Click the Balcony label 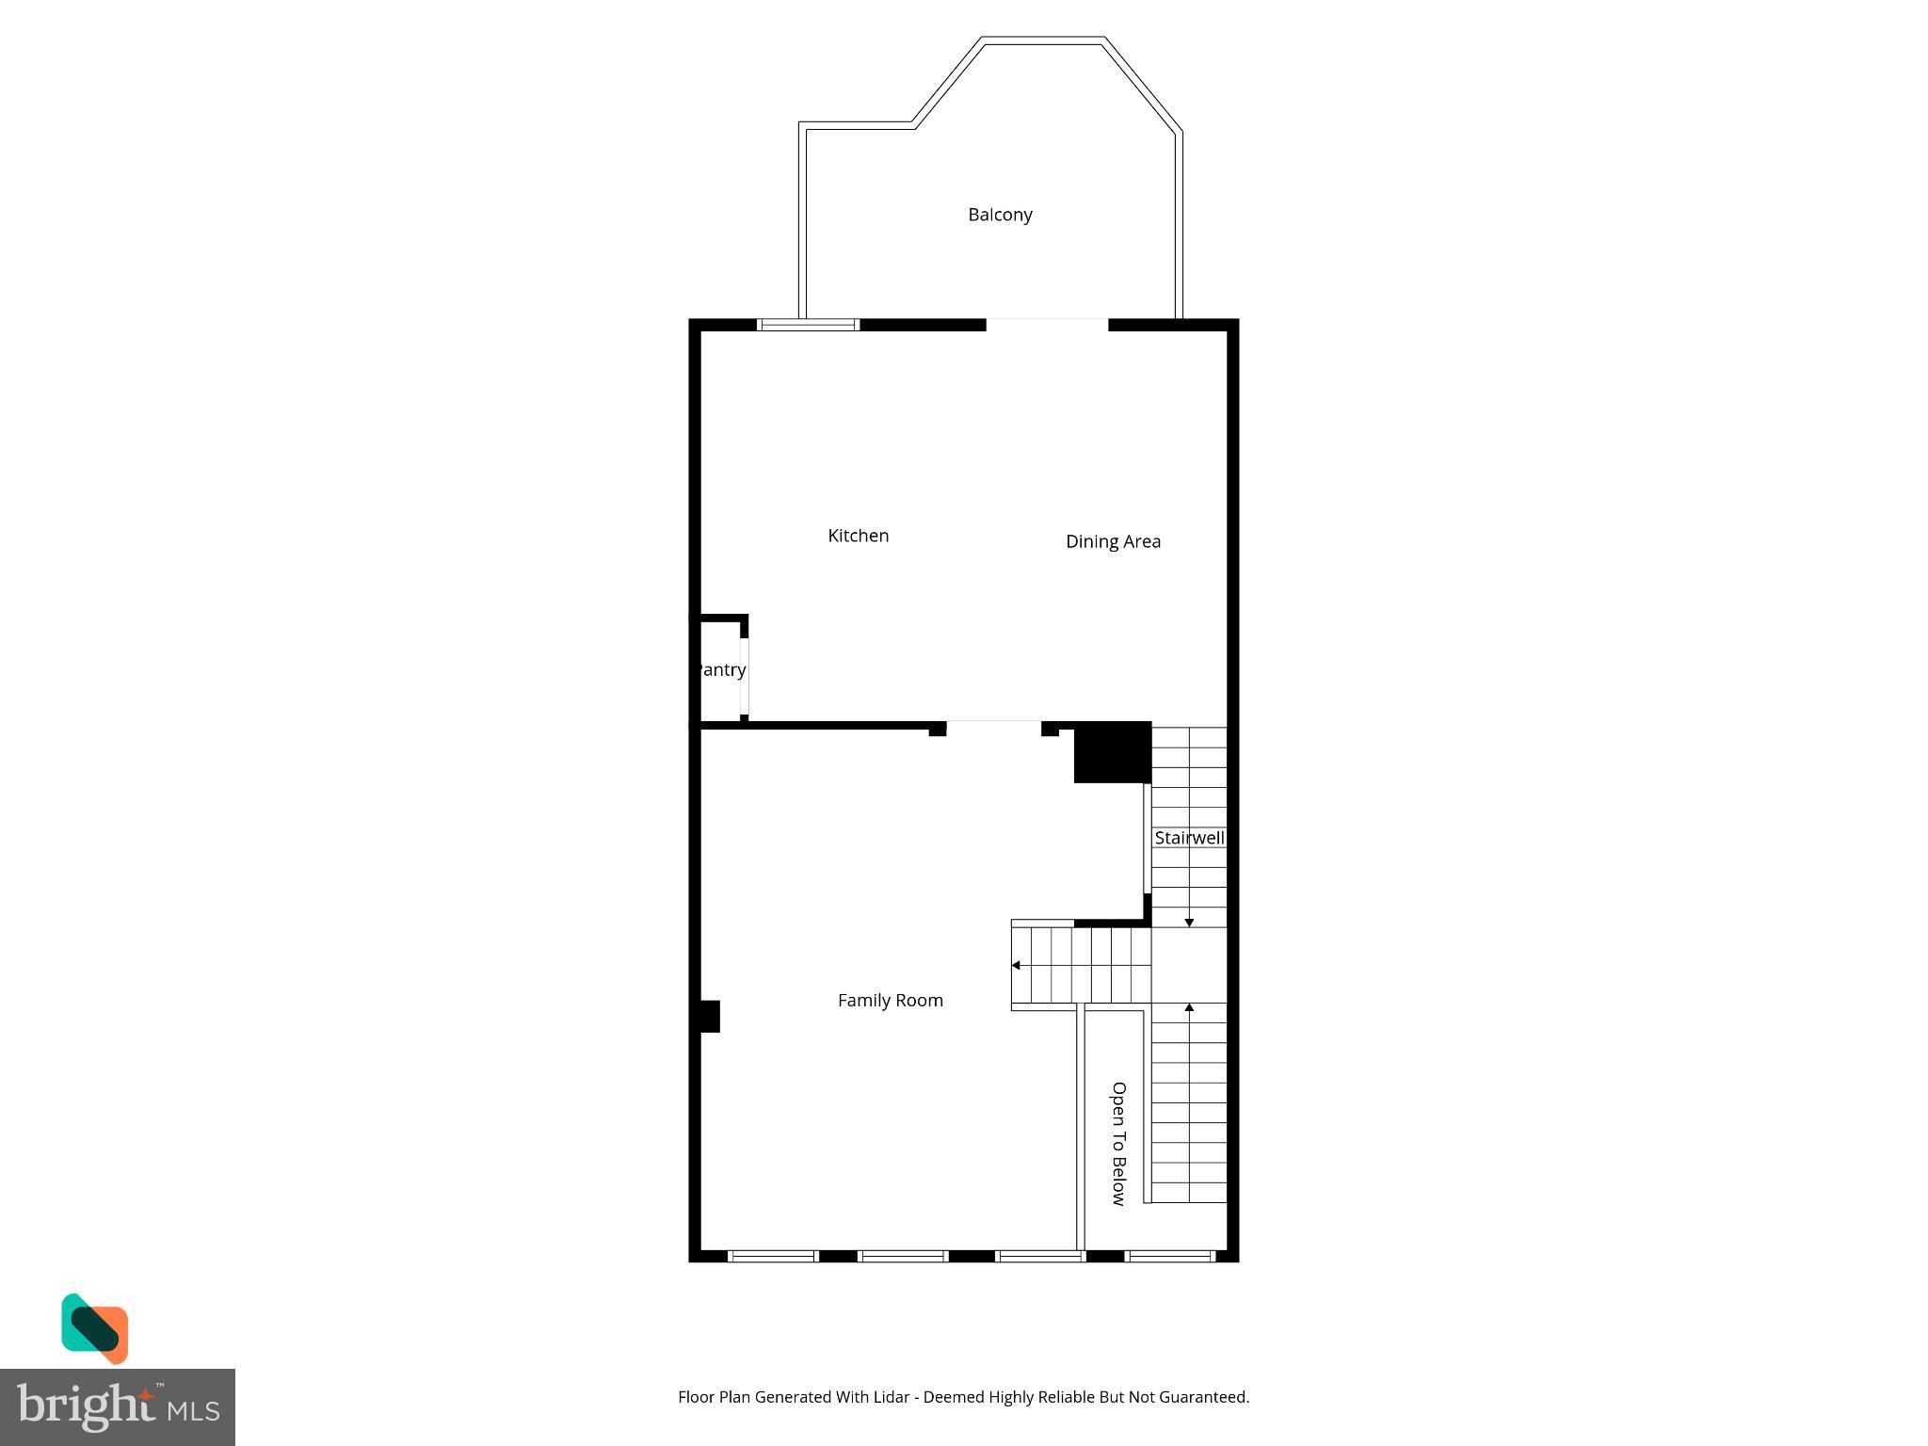(x=1000, y=215)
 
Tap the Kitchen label (x=858, y=536)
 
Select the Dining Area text (x=1113, y=541)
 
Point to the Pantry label (x=722, y=670)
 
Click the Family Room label (x=890, y=1001)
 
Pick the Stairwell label (x=1189, y=838)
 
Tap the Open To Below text (x=1118, y=1143)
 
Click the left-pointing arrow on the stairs (x=1016, y=965)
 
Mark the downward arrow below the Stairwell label (x=1189, y=923)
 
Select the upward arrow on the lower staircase (x=1189, y=1008)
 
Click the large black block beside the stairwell (x=1113, y=752)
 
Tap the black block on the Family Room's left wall (x=710, y=1017)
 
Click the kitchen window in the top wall (x=809, y=326)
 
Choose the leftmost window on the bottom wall (x=773, y=1256)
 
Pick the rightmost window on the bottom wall (x=1171, y=1256)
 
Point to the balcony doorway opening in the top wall (x=1047, y=325)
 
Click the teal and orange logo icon (x=94, y=1327)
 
